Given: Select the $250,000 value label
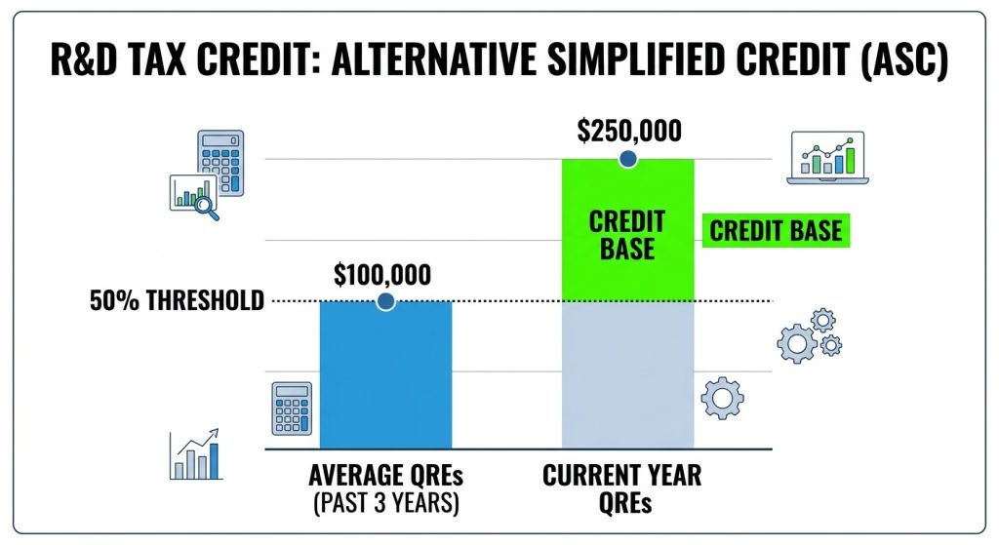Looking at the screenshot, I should click(628, 132).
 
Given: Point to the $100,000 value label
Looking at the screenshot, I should click(381, 275).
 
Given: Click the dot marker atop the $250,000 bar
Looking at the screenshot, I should click(627, 158).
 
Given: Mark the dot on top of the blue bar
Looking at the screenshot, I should click(385, 301).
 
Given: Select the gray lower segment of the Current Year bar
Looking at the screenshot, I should click(627, 375).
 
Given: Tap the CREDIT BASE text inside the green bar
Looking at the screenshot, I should click(627, 234).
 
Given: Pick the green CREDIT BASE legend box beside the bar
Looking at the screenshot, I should click(776, 231).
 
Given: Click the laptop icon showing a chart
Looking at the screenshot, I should click(826, 158).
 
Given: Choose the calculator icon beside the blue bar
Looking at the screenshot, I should click(292, 409).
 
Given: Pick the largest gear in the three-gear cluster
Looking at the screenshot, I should click(795, 343).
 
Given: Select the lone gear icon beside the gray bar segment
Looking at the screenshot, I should click(723, 397).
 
